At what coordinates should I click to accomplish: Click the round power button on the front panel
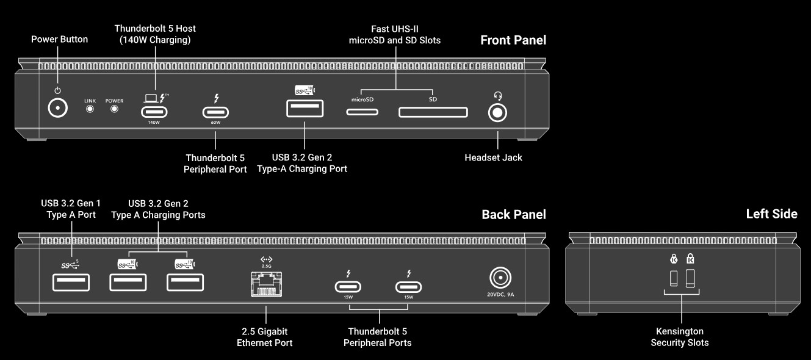coord(58,108)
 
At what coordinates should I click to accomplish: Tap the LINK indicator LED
coord(90,109)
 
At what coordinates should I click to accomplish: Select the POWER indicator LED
coord(114,109)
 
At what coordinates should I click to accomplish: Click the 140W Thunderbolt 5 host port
coord(154,112)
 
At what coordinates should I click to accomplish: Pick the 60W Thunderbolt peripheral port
coord(215,112)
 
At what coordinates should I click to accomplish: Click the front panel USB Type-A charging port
coord(305,109)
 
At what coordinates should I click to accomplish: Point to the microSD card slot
coord(362,112)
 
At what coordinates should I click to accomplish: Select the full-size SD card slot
coord(433,112)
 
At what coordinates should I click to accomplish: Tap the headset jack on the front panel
coord(498,113)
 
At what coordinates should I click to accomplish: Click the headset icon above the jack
coord(498,95)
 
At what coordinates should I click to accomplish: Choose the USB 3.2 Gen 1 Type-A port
coord(71,283)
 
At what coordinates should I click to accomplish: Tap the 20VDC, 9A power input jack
coord(500,279)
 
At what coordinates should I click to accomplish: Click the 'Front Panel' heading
coord(513,40)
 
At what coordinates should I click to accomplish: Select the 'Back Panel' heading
coord(513,214)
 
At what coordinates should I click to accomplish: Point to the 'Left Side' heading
coord(771,214)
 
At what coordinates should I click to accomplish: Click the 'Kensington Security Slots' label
coord(680,337)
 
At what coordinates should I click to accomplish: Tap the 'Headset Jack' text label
coord(493,157)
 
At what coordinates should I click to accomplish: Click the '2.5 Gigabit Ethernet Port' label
coord(265,337)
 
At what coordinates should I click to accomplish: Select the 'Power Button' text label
coord(59,39)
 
